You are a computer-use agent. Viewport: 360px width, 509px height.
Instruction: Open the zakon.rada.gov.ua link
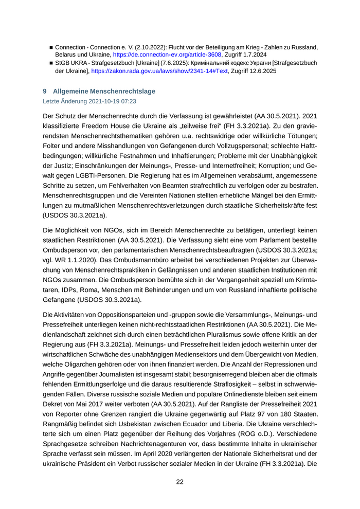[x=159, y=71]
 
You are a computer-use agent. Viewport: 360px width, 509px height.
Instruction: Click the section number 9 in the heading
[x=45, y=92]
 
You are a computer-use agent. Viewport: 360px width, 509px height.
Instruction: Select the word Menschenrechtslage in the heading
[x=125, y=92]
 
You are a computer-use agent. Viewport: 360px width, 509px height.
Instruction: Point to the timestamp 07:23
[x=128, y=102]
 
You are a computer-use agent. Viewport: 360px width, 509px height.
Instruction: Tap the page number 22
[x=180, y=482]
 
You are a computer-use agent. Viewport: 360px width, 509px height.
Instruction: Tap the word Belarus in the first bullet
[x=67, y=54]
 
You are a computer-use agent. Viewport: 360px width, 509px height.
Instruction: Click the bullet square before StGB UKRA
[x=51, y=63]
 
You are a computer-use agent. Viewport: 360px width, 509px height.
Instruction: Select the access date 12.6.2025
[x=262, y=71]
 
